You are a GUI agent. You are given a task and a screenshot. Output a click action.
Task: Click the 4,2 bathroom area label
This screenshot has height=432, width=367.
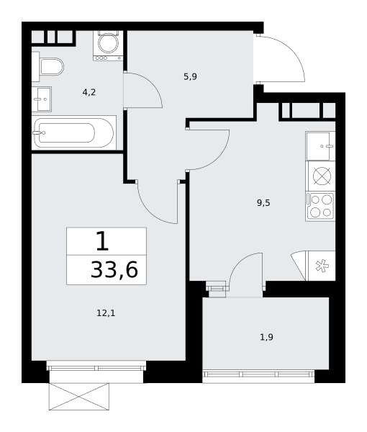(x=89, y=92)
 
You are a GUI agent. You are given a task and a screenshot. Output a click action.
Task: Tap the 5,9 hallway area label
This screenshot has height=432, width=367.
(x=190, y=76)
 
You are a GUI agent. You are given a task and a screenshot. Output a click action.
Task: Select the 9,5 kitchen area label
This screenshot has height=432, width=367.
(x=263, y=203)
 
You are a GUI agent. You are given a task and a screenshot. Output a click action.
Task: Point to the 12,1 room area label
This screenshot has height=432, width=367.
(x=106, y=313)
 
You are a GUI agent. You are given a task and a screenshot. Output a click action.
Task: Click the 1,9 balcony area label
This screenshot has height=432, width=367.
(x=267, y=337)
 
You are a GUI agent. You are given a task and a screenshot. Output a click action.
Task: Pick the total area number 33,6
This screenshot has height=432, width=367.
(x=114, y=270)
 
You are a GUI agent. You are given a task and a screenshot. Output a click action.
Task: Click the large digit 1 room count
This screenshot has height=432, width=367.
(x=103, y=241)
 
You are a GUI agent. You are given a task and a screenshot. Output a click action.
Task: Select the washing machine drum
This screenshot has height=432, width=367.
(x=109, y=43)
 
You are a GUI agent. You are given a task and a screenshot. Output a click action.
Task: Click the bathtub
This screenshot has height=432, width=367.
(x=74, y=132)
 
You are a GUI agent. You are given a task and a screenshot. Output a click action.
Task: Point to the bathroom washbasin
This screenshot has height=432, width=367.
(x=42, y=99)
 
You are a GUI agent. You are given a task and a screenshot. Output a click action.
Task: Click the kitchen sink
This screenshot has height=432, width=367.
(x=320, y=146)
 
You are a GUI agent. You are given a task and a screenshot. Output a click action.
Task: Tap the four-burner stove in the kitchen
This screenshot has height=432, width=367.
(x=320, y=206)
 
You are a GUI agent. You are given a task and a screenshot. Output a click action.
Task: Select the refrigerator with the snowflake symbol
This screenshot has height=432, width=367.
(x=320, y=266)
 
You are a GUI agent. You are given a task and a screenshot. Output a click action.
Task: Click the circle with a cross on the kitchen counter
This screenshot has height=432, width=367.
(x=322, y=176)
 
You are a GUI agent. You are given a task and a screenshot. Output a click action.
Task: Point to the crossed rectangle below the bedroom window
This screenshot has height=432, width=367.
(x=79, y=397)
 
